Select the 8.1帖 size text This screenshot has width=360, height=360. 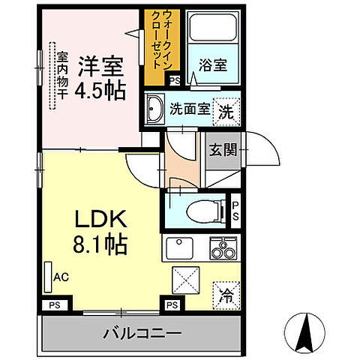coord(99,244)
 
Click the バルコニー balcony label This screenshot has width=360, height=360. coord(140,331)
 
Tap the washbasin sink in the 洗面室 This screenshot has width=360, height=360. coord(156,108)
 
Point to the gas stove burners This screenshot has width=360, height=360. coord(222,247)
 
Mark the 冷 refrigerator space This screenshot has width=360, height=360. coord(225,294)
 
